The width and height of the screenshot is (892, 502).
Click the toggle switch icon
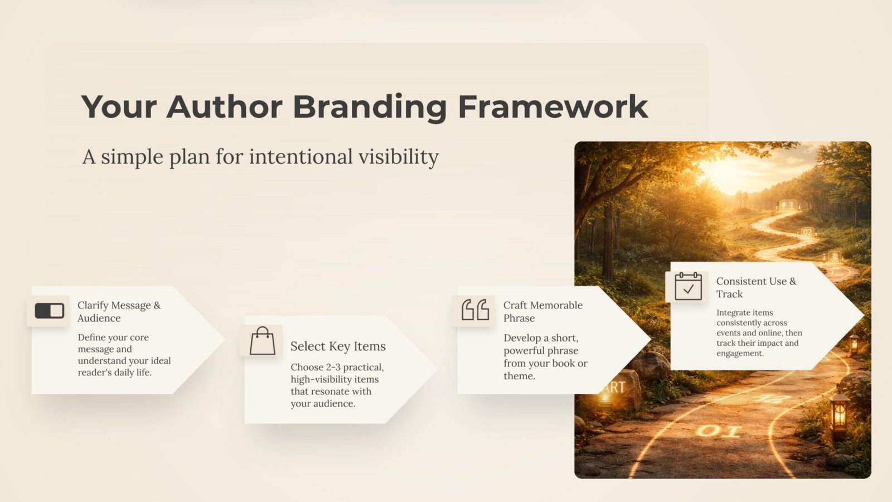[x=50, y=311]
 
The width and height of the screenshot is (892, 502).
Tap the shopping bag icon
[x=263, y=341]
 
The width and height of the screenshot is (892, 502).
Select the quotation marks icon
[x=475, y=310]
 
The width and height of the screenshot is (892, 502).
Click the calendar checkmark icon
[x=688, y=286]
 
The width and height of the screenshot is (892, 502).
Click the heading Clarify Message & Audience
[x=119, y=312]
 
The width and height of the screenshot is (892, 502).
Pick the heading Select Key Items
[x=338, y=346]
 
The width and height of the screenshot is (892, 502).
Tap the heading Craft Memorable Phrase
[x=543, y=312]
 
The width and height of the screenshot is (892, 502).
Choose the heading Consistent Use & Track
[x=756, y=287]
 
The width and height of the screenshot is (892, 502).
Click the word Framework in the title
[x=553, y=107]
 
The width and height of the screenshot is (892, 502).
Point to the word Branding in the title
[x=370, y=108]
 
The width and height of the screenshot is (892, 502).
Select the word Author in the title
[x=224, y=107]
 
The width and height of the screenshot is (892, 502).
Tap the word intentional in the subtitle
[x=300, y=156]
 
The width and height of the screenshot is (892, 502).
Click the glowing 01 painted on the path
[x=719, y=431]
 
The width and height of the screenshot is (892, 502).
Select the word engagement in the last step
[x=739, y=354]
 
